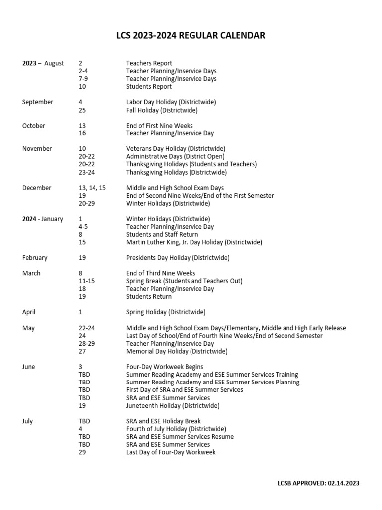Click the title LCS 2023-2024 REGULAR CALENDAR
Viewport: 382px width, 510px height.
point(191,35)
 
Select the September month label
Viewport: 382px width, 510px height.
point(38,102)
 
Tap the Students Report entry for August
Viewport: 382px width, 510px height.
point(149,87)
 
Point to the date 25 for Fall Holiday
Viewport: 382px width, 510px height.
point(83,110)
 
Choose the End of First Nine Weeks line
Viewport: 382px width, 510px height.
point(159,126)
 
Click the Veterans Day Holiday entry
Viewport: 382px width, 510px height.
point(176,149)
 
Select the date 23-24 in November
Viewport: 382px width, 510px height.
point(86,172)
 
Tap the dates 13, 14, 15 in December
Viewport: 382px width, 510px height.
point(92,188)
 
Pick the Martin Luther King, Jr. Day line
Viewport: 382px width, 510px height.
point(194,242)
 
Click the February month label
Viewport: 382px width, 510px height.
point(35,258)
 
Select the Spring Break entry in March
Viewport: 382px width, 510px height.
point(184,281)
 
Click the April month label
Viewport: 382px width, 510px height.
point(29,312)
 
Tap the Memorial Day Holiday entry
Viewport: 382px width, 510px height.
point(177,351)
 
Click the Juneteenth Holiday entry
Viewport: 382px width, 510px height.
point(173,406)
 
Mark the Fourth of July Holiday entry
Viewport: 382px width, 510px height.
point(176,429)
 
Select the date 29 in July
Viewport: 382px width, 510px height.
point(83,452)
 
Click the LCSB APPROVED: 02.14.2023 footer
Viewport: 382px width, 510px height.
point(318,483)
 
